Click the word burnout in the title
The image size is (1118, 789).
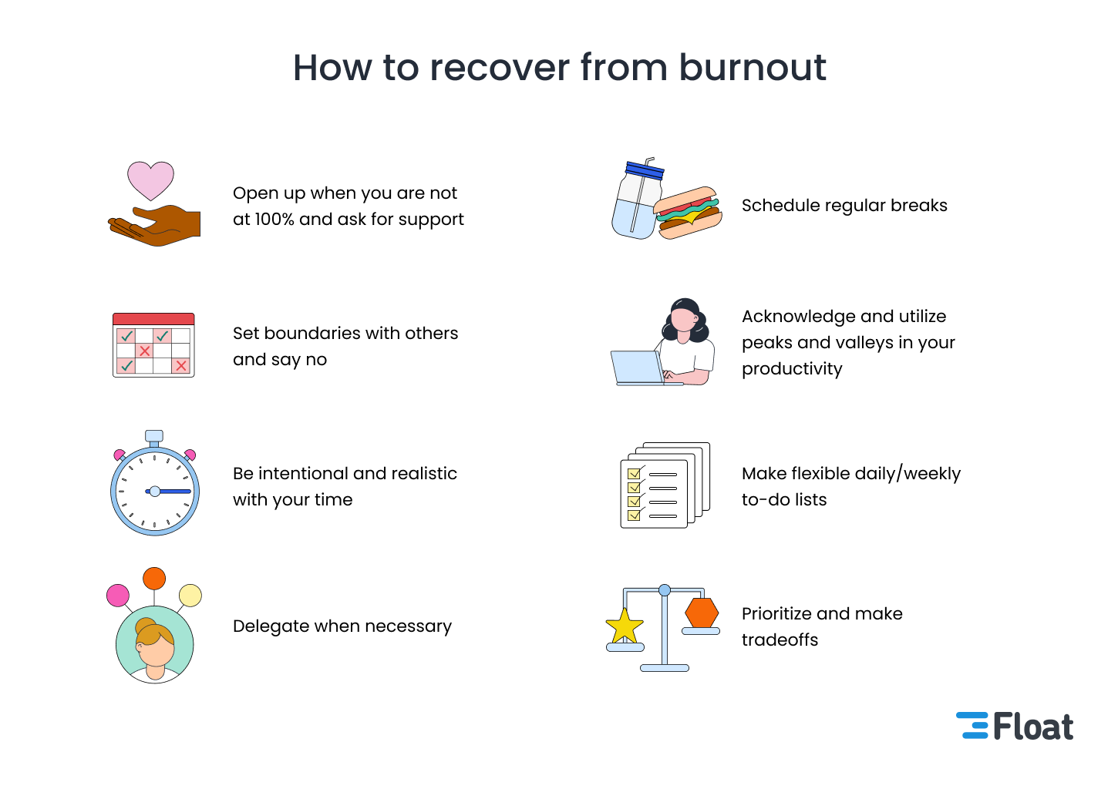tap(753, 68)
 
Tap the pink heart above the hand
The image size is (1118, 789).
tap(150, 180)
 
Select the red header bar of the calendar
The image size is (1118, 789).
tap(153, 319)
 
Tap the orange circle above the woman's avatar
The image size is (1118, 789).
tap(154, 579)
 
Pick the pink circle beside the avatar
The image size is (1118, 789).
tap(118, 596)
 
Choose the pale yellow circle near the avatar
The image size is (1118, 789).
tap(190, 596)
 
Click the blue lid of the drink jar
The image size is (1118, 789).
tap(645, 170)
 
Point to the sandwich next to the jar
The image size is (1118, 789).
tap(688, 213)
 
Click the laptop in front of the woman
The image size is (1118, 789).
tap(637, 368)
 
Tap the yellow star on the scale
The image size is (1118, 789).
tap(625, 626)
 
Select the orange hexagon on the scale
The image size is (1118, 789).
tap(702, 613)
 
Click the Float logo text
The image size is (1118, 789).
tap(1032, 727)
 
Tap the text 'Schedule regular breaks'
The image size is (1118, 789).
tap(844, 206)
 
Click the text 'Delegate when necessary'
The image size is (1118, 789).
tap(342, 626)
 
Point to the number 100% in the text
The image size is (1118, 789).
tap(274, 220)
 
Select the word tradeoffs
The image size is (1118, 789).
tap(780, 640)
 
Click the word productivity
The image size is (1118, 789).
tap(792, 369)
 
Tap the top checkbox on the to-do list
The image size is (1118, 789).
tap(635, 474)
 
